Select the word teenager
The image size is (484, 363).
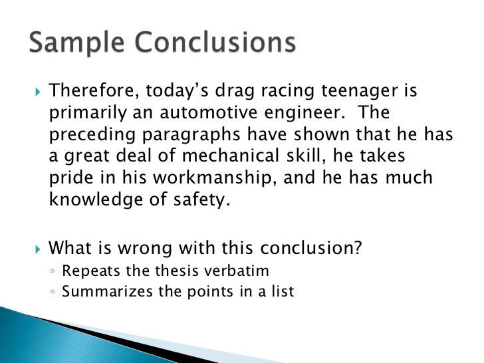pyautogui.click(x=358, y=90)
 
